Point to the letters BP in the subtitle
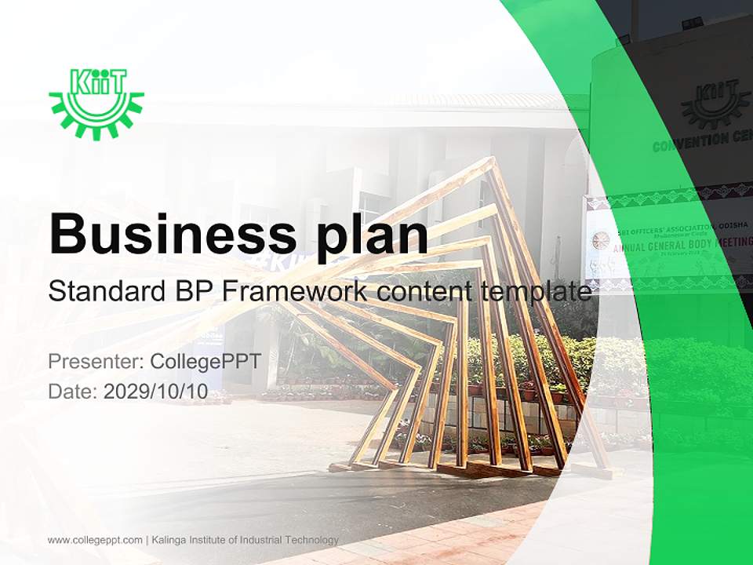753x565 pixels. (189, 292)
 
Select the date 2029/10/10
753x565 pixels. (156, 392)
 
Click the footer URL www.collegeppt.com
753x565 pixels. (95, 540)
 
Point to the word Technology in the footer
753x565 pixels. (311, 540)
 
